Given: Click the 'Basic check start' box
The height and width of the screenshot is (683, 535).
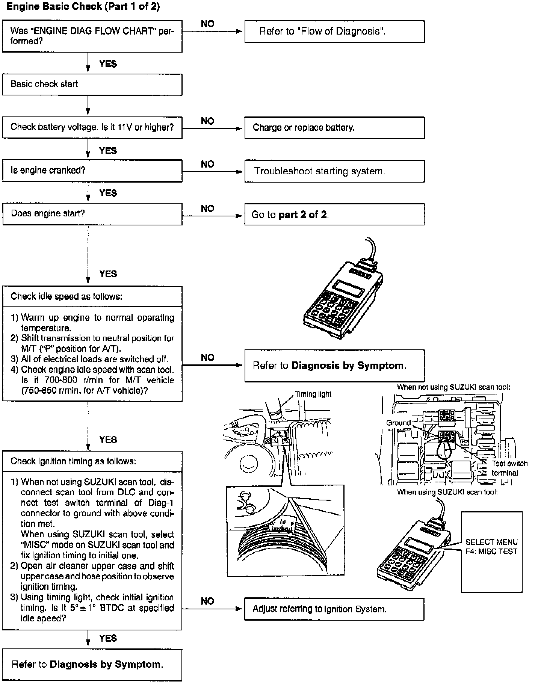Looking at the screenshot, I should click(92, 85).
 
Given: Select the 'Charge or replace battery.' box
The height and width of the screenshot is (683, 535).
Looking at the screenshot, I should click(334, 128).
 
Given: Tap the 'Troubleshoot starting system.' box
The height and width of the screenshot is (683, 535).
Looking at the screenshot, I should click(334, 171).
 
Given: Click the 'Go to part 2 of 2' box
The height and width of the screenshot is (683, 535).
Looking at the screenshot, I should click(334, 215).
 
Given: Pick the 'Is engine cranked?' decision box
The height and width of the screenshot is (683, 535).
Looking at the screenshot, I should click(92, 171).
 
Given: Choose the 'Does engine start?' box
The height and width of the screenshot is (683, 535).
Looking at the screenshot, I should click(92, 214).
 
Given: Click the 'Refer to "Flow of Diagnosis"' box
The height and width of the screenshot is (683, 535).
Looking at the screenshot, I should click(334, 31).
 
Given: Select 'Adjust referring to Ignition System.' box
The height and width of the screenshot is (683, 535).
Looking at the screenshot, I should click(334, 609).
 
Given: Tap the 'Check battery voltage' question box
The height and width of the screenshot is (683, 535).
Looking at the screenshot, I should click(92, 127).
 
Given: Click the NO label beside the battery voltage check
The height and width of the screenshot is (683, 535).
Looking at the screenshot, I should click(207, 121).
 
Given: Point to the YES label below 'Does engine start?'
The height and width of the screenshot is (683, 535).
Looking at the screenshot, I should click(108, 274).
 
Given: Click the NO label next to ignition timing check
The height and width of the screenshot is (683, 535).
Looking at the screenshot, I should click(207, 601).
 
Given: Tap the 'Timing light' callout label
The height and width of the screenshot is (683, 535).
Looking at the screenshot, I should click(313, 394).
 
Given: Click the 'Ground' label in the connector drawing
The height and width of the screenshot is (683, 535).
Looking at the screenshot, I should click(398, 423).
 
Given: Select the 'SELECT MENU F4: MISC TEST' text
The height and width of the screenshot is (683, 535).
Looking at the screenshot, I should click(491, 547).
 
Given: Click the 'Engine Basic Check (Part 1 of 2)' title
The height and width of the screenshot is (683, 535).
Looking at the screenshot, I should click(83, 7).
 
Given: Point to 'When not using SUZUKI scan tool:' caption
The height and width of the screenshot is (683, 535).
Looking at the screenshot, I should click(453, 387).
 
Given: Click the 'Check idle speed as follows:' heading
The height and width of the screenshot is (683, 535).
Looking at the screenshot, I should click(66, 296).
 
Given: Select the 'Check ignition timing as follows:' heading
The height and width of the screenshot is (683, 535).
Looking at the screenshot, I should click(73, 461).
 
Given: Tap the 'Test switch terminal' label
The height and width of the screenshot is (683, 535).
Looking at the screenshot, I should click(509, 468).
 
